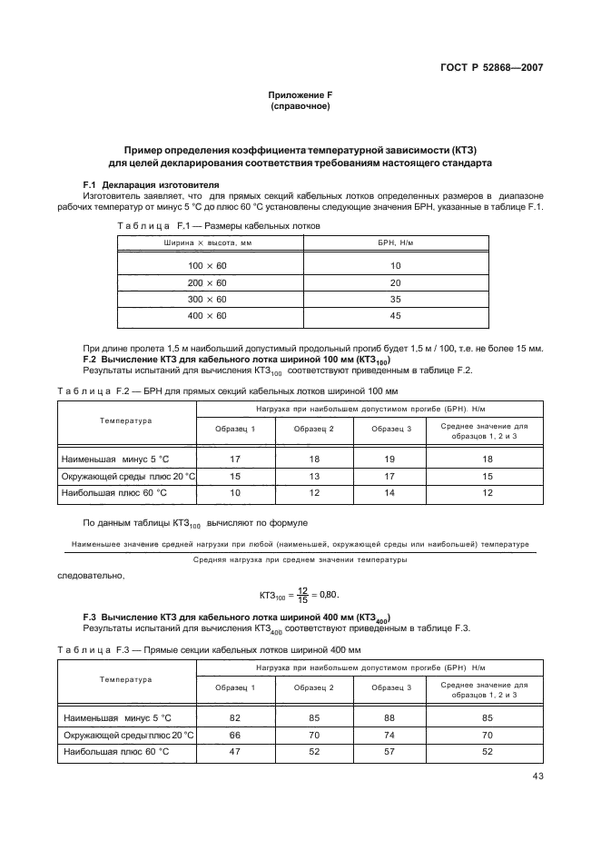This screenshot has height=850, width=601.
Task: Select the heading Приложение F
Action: (x=300, y=95)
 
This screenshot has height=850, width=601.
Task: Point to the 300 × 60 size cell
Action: (x=207, y=299)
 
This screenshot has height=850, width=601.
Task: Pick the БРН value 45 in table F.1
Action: (x=395, y=315)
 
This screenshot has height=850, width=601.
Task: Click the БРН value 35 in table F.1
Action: (x=395, y=299)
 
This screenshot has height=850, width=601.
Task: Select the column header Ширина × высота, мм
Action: (x=207, y=243)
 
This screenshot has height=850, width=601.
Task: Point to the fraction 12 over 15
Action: (x=303, y=595)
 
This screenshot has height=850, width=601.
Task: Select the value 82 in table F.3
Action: (x=235, y=718)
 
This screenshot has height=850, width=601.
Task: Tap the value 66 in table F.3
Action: (x=235, y=735)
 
